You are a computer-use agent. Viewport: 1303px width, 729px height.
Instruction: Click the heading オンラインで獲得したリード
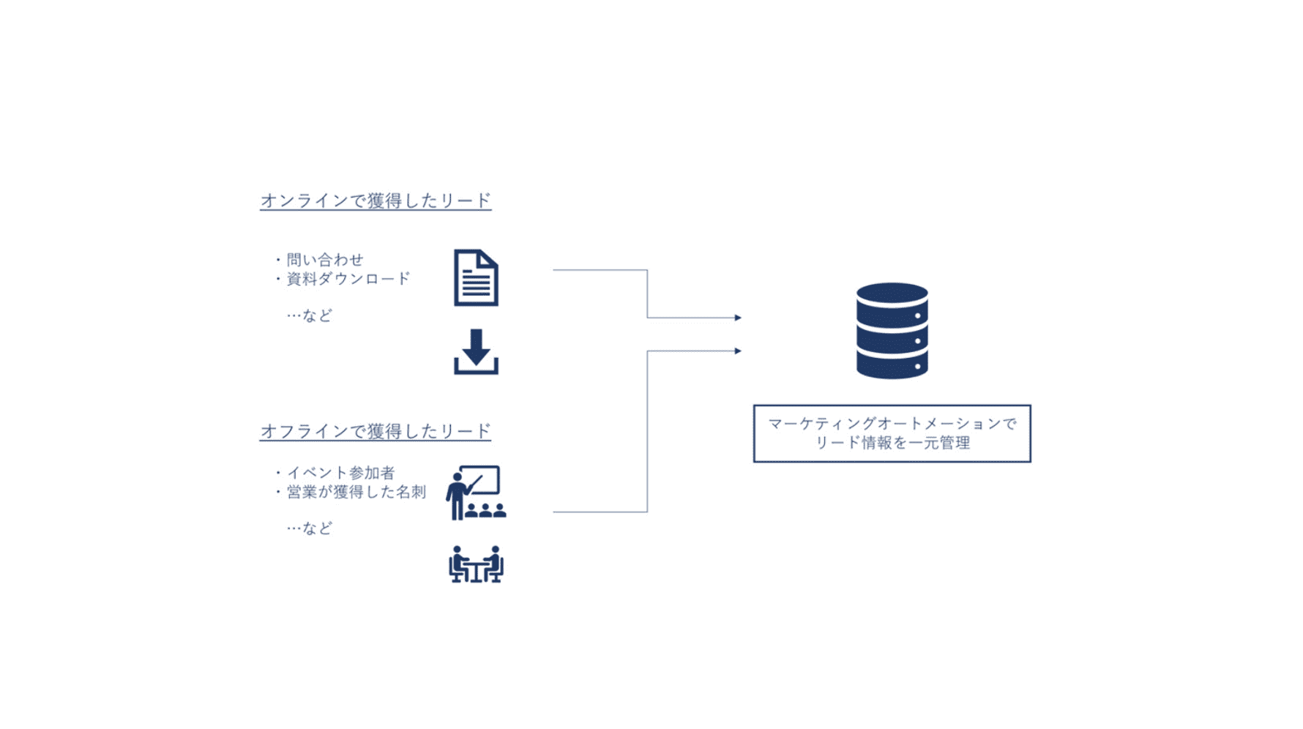pyautogui.click(x=375, y=201)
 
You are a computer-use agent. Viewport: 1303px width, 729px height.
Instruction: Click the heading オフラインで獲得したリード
pyautogui.click(x=375, y=431)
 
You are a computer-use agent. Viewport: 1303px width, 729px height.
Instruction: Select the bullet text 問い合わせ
pyautogui.click(x=324, y=260)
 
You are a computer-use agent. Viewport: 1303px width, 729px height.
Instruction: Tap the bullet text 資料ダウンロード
pyautogui.click(x=348, y=279)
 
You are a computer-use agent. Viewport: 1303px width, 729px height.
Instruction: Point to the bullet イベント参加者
pyautogui.click(x=340, y=473)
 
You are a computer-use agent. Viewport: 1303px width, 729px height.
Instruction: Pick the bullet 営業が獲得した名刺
pyautogui.click(x=356, y=492)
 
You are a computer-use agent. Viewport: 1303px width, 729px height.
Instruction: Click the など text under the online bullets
pyautogui.click(x=316, y=315)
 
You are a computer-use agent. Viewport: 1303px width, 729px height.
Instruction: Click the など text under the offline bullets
pyautogui.click(x=316, y=528)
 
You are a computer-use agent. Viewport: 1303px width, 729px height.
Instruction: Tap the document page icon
pyautogui.click(x=476, y=278)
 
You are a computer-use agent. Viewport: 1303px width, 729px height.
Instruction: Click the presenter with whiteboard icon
pyautogui.click(x=476, y=493)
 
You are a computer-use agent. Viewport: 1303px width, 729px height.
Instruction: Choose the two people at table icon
pyautogui.click(x=476, y=564)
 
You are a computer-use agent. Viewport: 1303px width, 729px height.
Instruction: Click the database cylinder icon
pyautogui.click(x=892, y=331)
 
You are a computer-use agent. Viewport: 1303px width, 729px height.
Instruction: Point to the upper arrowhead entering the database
pyautogui.click(x=738, y=318)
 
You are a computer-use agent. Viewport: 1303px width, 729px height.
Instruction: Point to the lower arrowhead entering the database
pyautogui.click(x=738, y=351)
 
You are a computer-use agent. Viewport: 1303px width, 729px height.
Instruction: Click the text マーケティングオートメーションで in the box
pyautogui.click(x=892, y=424)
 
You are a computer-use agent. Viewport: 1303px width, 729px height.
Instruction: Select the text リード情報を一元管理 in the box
pyautogui.click(x=892, y=443)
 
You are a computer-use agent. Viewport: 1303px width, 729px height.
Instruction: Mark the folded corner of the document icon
pyautogui.click(x=489, y=259)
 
